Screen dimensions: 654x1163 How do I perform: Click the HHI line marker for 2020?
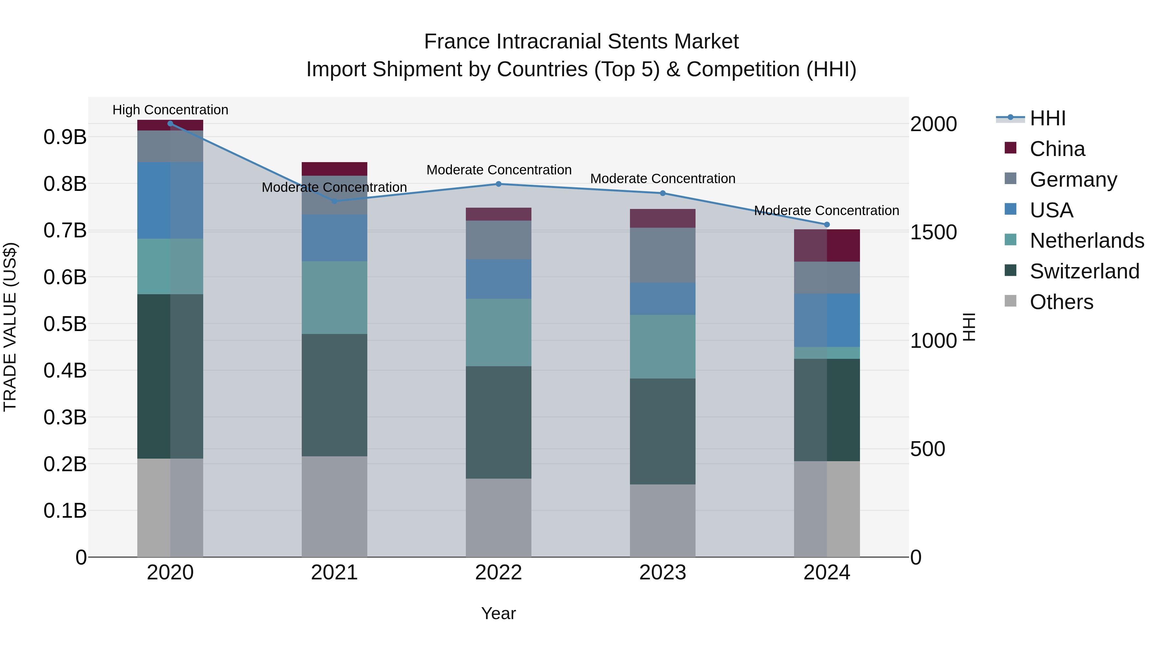click(x=170, y=124)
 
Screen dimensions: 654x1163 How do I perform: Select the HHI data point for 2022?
click(x=498, y=184)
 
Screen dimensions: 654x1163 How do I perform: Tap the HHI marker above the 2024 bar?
click(x=827, y=225)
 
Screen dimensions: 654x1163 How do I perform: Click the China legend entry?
click(x=1057, y=149)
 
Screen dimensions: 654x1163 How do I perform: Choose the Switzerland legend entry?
click(x=1084, y=271)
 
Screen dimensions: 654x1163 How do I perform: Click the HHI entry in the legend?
click(x=1047, y=118)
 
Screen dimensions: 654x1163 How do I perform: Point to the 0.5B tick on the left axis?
click(x=65, y=324)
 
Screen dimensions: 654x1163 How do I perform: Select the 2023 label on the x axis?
click(x=662, y=573)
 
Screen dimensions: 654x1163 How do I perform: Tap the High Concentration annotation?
click(x=170, y=110)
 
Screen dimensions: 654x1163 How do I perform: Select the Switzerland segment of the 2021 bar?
click(x=334, y=395)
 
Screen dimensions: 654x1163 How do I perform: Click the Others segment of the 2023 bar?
click(x=662, y=520)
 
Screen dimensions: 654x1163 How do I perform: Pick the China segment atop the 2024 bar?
click(x=827, y=245)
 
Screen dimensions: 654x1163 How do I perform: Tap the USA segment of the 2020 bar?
click(x=170, y=200)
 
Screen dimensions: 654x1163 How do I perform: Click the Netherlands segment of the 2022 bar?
click(x=498, y=332)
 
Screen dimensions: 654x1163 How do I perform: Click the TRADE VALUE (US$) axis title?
click(x=10, y=327)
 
